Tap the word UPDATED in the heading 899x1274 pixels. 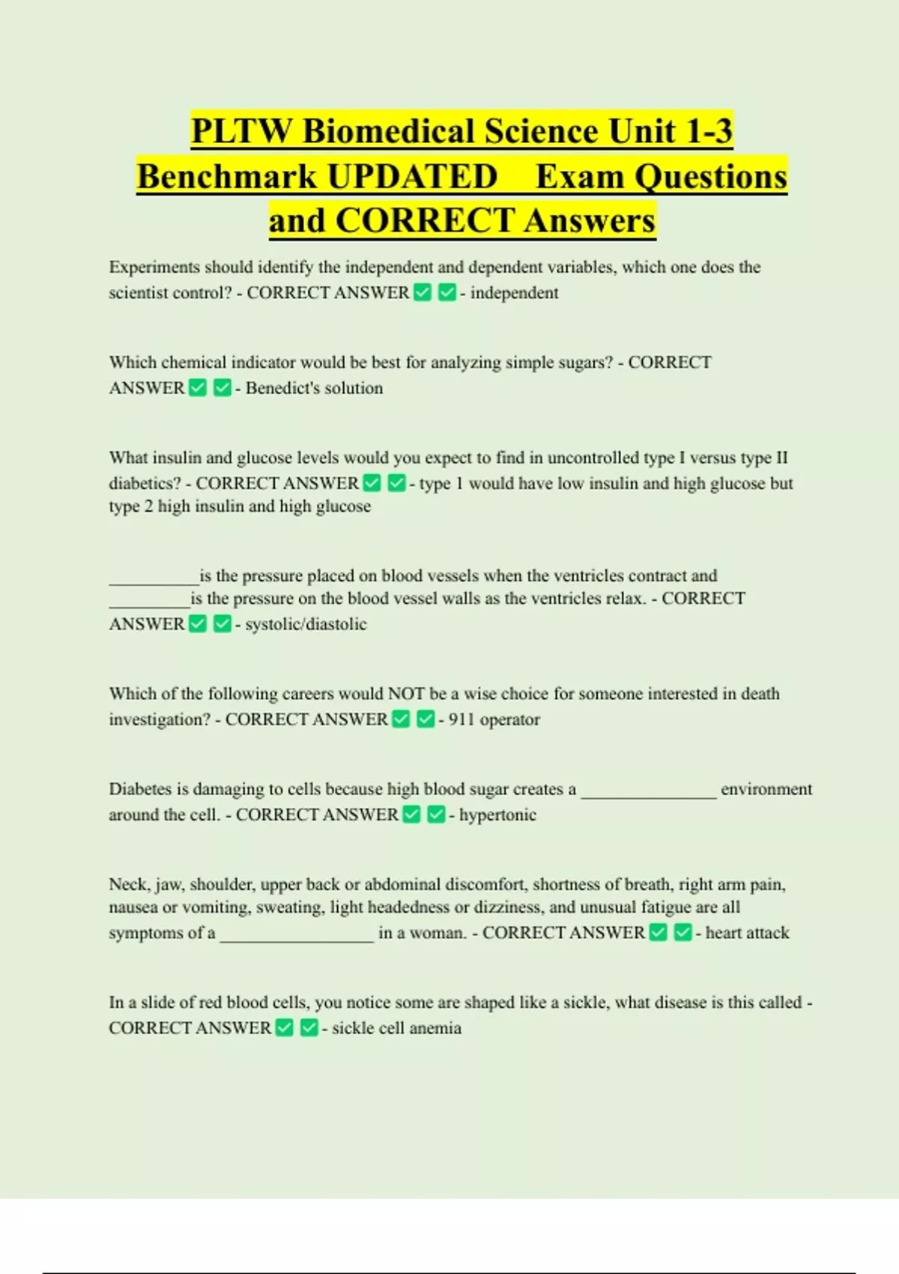(x=412, y=177)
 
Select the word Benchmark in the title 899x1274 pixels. (x=227, y=177)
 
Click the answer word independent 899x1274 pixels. (x=514, y=293)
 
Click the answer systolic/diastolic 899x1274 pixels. (x=306, y=624)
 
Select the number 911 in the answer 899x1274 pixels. (x=461, y=719)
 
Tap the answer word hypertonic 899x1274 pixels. (x=497, y=815)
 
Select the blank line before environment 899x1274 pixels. (x=649, y=794)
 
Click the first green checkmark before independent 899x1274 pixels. (x=423, y=292)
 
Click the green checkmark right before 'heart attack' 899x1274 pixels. (x=682, y=932)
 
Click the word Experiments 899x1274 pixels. (x=154, y=268)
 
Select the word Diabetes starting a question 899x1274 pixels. (x=139, y=789)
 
